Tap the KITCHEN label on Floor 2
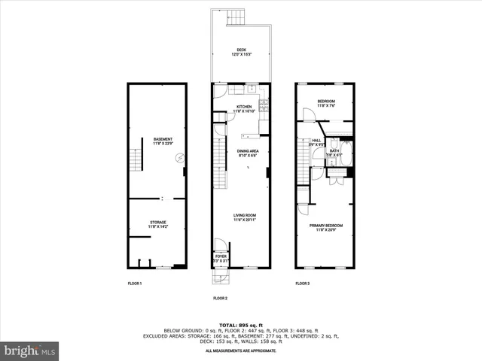[x=244, y=108]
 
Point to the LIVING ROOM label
[x=245, y=215]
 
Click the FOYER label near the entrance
[x=221, y=256]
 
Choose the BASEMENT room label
[x=163, y=139]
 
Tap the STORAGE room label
[x=157, y=223]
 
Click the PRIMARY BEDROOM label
[x=325, y=226]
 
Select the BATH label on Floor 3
[x=334, y=151]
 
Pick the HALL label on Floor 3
[x=317, y=139]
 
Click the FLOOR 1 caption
[x=135, y=283]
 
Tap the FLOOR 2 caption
[x=220, y=299]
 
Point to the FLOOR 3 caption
[x=301, y=283]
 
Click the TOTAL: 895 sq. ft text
[x=241, y=323]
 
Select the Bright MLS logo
[x=29, y=350]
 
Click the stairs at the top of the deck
[x=237, y=17]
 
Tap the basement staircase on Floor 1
[x=136, y=160]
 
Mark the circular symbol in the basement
[x=179, y=158]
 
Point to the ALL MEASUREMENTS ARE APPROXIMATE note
[x=241, y=350]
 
